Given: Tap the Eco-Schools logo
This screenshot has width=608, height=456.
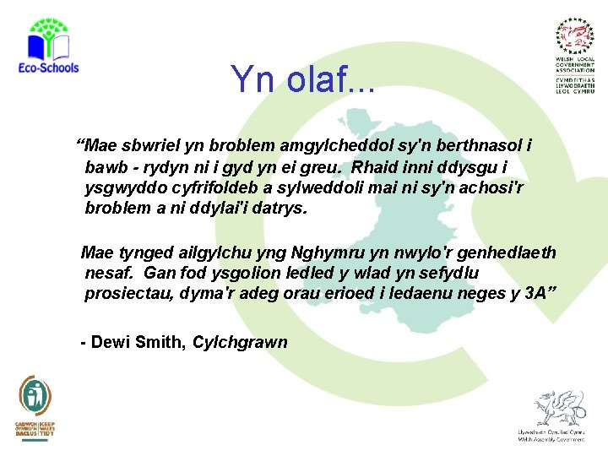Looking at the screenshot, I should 48,46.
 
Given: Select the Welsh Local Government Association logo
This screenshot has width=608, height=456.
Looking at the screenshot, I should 575,55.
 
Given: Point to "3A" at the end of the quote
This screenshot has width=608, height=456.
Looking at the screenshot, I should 534,294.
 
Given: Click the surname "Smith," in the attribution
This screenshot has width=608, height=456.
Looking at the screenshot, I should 161,342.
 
